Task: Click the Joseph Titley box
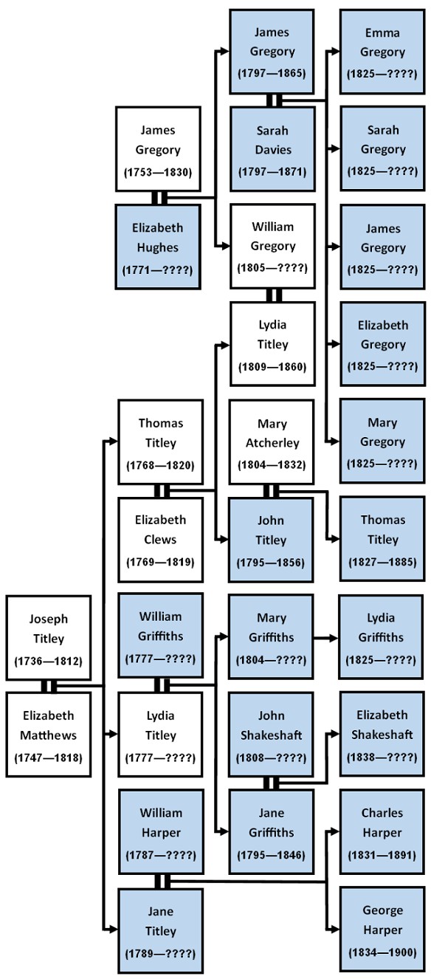click(49, 637)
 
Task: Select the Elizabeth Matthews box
click(49, 735)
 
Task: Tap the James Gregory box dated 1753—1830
click(159, 150)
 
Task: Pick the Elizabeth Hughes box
click(159, 247)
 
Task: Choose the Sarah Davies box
click(272, 150)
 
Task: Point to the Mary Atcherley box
click(272, 442)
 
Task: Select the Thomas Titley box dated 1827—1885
click(383, 540)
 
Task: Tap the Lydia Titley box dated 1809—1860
click(272, 344)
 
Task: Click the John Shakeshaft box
click(272, 735)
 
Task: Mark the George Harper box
click(382, 930)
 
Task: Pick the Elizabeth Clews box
click(160, 540)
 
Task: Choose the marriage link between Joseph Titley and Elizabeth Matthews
click(49, 686)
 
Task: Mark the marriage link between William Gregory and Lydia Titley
click(273, 295)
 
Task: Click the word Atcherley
click(272, 443)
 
